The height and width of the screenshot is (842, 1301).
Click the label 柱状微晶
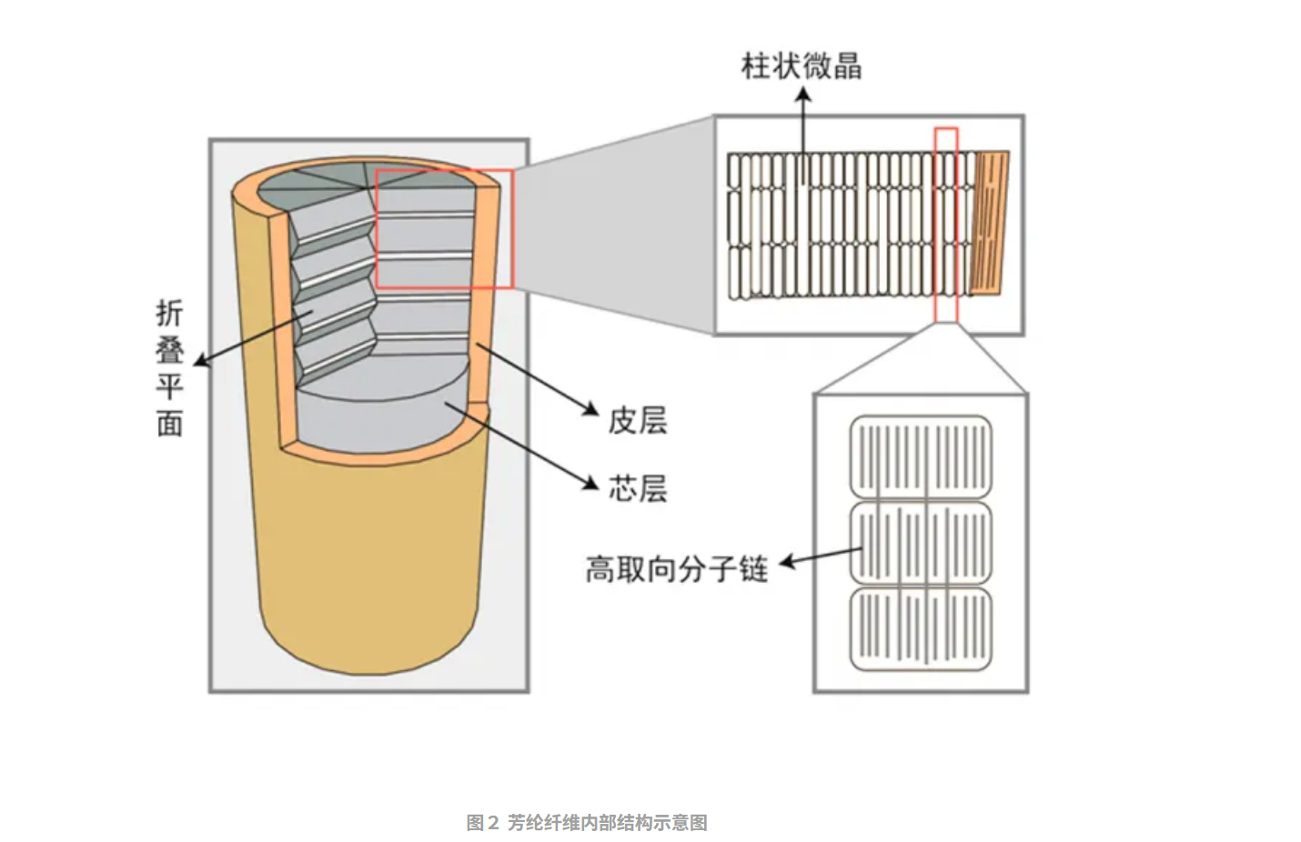coord(802,65)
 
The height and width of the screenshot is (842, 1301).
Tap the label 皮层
coord(638,421)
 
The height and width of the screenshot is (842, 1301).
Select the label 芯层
coord(638,488)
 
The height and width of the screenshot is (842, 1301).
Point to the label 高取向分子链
coord(676,569)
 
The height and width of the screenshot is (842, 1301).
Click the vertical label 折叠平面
coord(169,367)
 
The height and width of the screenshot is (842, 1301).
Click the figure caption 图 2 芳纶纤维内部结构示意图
coord(587,823)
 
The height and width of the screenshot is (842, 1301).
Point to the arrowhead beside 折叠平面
coord(199,362)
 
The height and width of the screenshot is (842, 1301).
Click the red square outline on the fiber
coord(444,228)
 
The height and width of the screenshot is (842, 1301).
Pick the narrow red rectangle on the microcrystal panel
coord(946,225)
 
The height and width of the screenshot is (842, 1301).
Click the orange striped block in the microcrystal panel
coord(992,222)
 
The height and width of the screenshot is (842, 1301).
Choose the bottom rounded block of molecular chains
coord(921,628)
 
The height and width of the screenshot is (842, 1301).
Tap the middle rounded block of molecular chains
coord(921,543)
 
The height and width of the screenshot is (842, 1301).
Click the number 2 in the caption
coord(493,823)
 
